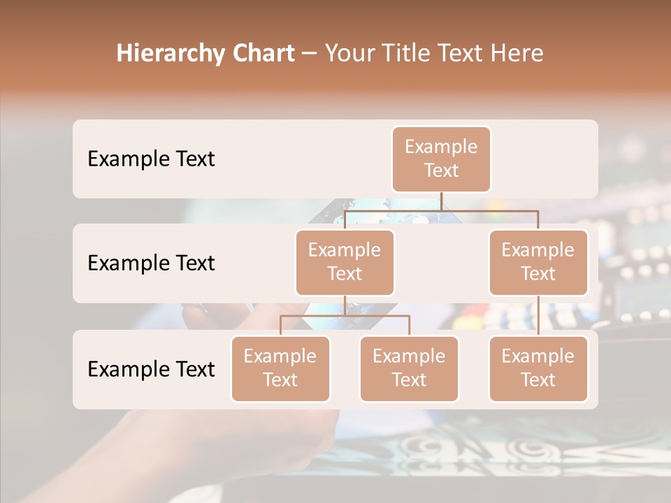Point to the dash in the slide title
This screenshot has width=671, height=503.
309,54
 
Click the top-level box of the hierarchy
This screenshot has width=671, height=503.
441,159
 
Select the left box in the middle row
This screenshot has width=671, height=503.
345,263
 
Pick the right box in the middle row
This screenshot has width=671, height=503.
538,263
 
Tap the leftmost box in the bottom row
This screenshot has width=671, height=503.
280,369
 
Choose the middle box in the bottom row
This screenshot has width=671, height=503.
409,369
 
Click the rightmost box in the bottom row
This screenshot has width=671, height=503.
538,369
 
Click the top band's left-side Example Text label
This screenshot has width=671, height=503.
151,159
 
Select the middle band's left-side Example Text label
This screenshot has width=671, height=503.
151,263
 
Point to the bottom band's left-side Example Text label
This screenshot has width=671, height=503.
151,370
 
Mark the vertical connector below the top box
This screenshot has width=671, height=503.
441,201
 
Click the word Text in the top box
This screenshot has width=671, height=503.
441,170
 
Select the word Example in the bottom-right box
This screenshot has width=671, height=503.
538,356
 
